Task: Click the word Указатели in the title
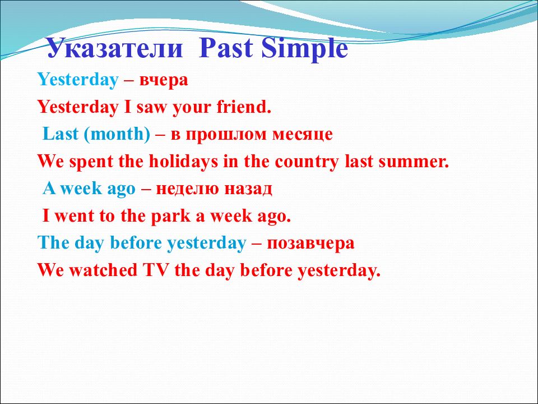point(114,48)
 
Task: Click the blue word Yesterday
point(78,80)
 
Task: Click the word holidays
point(183,162)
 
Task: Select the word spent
point(91,162)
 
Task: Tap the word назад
point(248,189)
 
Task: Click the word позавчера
point(310,244)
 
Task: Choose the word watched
point(103,270)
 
